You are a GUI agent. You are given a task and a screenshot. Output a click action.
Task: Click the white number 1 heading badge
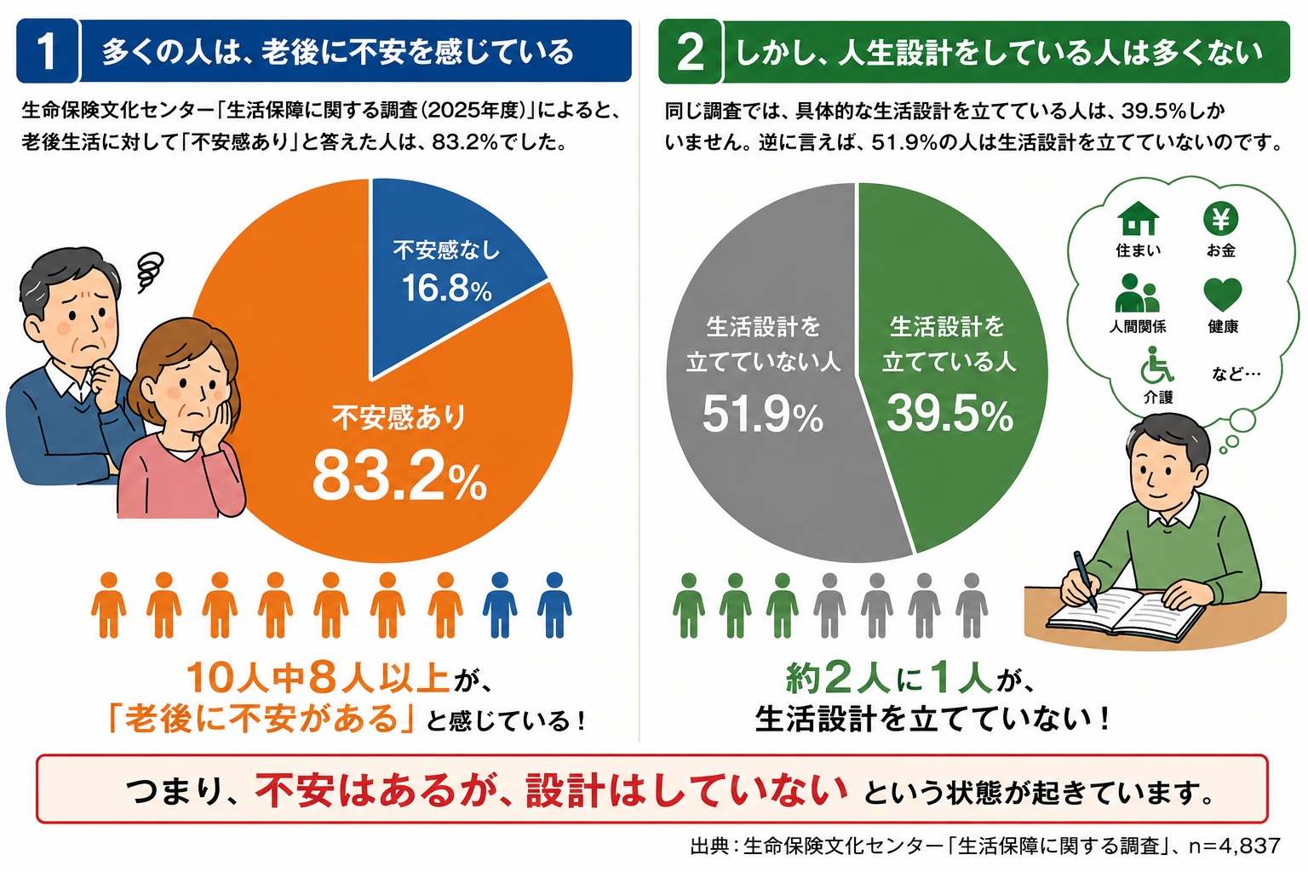47,51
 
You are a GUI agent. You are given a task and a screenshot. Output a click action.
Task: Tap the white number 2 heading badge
691,52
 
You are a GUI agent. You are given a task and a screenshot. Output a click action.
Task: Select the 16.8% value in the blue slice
447,288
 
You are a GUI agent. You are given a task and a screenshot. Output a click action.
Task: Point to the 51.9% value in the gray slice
763,414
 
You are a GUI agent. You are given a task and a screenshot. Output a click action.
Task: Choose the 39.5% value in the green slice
949,414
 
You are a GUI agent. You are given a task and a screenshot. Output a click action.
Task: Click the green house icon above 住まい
1138,219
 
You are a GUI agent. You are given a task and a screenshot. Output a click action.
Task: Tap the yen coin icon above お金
1221,219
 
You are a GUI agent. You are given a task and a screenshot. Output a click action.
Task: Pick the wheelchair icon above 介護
1156,364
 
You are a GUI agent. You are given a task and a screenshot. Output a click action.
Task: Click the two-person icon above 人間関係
1137,293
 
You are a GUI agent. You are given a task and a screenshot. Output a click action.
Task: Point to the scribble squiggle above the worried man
150,272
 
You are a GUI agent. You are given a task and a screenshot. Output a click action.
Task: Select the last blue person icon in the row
554,605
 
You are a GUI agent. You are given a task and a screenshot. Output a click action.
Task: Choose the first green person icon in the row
688,605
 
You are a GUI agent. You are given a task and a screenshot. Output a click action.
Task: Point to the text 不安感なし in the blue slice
447,250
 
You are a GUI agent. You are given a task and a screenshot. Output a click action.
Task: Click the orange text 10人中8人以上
318,679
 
